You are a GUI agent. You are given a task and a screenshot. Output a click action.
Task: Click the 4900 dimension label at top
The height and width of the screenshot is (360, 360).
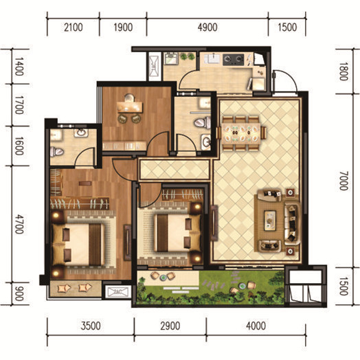point(207,27)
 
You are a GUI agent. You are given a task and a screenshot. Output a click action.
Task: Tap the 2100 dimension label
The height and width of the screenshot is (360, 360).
point(74,27)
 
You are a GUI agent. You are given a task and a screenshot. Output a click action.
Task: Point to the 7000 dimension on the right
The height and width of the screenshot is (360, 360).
point(344,181)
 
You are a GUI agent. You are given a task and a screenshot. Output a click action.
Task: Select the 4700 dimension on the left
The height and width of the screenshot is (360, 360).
point(19,224)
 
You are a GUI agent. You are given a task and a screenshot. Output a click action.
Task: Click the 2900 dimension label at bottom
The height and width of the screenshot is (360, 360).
point(170,326)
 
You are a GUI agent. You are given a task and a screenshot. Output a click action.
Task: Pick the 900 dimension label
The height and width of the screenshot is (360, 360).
point(19,293)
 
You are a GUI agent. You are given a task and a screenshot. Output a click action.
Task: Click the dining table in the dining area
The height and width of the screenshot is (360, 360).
point(241,133)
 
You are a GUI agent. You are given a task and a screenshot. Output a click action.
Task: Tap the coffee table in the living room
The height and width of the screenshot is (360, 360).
point(270,221)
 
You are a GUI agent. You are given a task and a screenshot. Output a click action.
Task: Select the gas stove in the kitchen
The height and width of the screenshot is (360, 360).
point(234,60)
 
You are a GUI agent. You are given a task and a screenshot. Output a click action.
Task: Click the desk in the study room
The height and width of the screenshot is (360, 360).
point(130,107)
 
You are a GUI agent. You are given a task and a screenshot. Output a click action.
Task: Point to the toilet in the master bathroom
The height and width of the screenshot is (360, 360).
point(56,152)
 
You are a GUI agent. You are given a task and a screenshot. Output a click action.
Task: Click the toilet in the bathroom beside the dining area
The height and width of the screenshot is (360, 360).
point(203,122)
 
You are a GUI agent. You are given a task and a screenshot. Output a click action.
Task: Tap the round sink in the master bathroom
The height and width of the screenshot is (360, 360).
point(81,133)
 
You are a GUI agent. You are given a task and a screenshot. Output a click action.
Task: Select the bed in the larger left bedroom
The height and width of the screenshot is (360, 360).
point(78,245)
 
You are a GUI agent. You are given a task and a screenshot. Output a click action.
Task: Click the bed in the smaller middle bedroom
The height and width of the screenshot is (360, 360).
point(177,233)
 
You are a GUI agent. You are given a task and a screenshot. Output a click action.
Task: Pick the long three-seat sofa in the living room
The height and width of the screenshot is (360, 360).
point(292,223)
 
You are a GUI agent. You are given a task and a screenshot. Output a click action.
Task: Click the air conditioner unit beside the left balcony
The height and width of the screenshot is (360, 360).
point(117,292)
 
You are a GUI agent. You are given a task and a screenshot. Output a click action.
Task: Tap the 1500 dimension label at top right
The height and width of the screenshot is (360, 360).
point(287,27)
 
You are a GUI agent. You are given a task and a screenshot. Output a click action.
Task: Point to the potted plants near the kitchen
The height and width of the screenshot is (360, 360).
point(187,56)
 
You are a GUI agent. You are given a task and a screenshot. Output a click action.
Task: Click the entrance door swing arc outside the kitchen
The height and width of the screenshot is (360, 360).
point(290,76)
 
